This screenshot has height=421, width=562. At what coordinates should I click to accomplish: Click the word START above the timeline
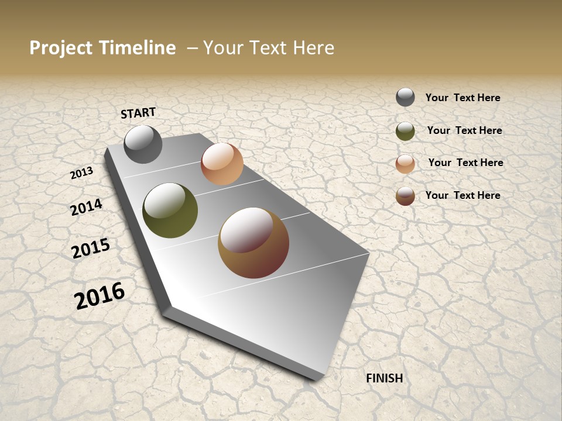click(138, 113)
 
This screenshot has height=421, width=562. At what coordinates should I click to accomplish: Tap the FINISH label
click(385, 378)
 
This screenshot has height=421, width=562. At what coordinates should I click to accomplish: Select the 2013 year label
click(81, 173)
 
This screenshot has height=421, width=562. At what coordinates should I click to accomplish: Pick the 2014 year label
click(86, 207)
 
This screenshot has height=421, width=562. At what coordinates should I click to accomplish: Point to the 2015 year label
click(90, 249)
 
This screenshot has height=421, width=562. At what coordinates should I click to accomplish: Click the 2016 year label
click(100, 295)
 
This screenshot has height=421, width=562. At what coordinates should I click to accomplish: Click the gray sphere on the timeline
click(143, 144)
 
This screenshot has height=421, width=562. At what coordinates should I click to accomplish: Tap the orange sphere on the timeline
click(222, 164)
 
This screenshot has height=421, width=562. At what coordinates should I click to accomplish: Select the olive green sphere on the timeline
click(170, 210)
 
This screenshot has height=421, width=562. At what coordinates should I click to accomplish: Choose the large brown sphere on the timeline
click(253, 243)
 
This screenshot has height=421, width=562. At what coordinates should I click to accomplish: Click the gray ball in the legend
click(405, 97)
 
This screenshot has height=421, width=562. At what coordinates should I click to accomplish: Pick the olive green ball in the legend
click(405, 131)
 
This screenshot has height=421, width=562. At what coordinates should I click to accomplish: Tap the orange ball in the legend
click(405, 164)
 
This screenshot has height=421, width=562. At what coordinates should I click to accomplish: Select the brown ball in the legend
click(405, 196)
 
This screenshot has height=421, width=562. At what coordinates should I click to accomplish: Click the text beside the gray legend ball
click(462, 98)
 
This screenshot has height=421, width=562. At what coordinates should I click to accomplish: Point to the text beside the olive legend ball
click(464, 130)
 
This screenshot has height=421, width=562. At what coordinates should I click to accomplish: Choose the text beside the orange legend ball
click(465, 163)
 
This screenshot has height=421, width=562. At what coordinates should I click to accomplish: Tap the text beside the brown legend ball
click(462, 195)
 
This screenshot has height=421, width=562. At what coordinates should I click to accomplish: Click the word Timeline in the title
click(137, 48)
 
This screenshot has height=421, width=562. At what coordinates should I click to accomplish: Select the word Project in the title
click(61, 48)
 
